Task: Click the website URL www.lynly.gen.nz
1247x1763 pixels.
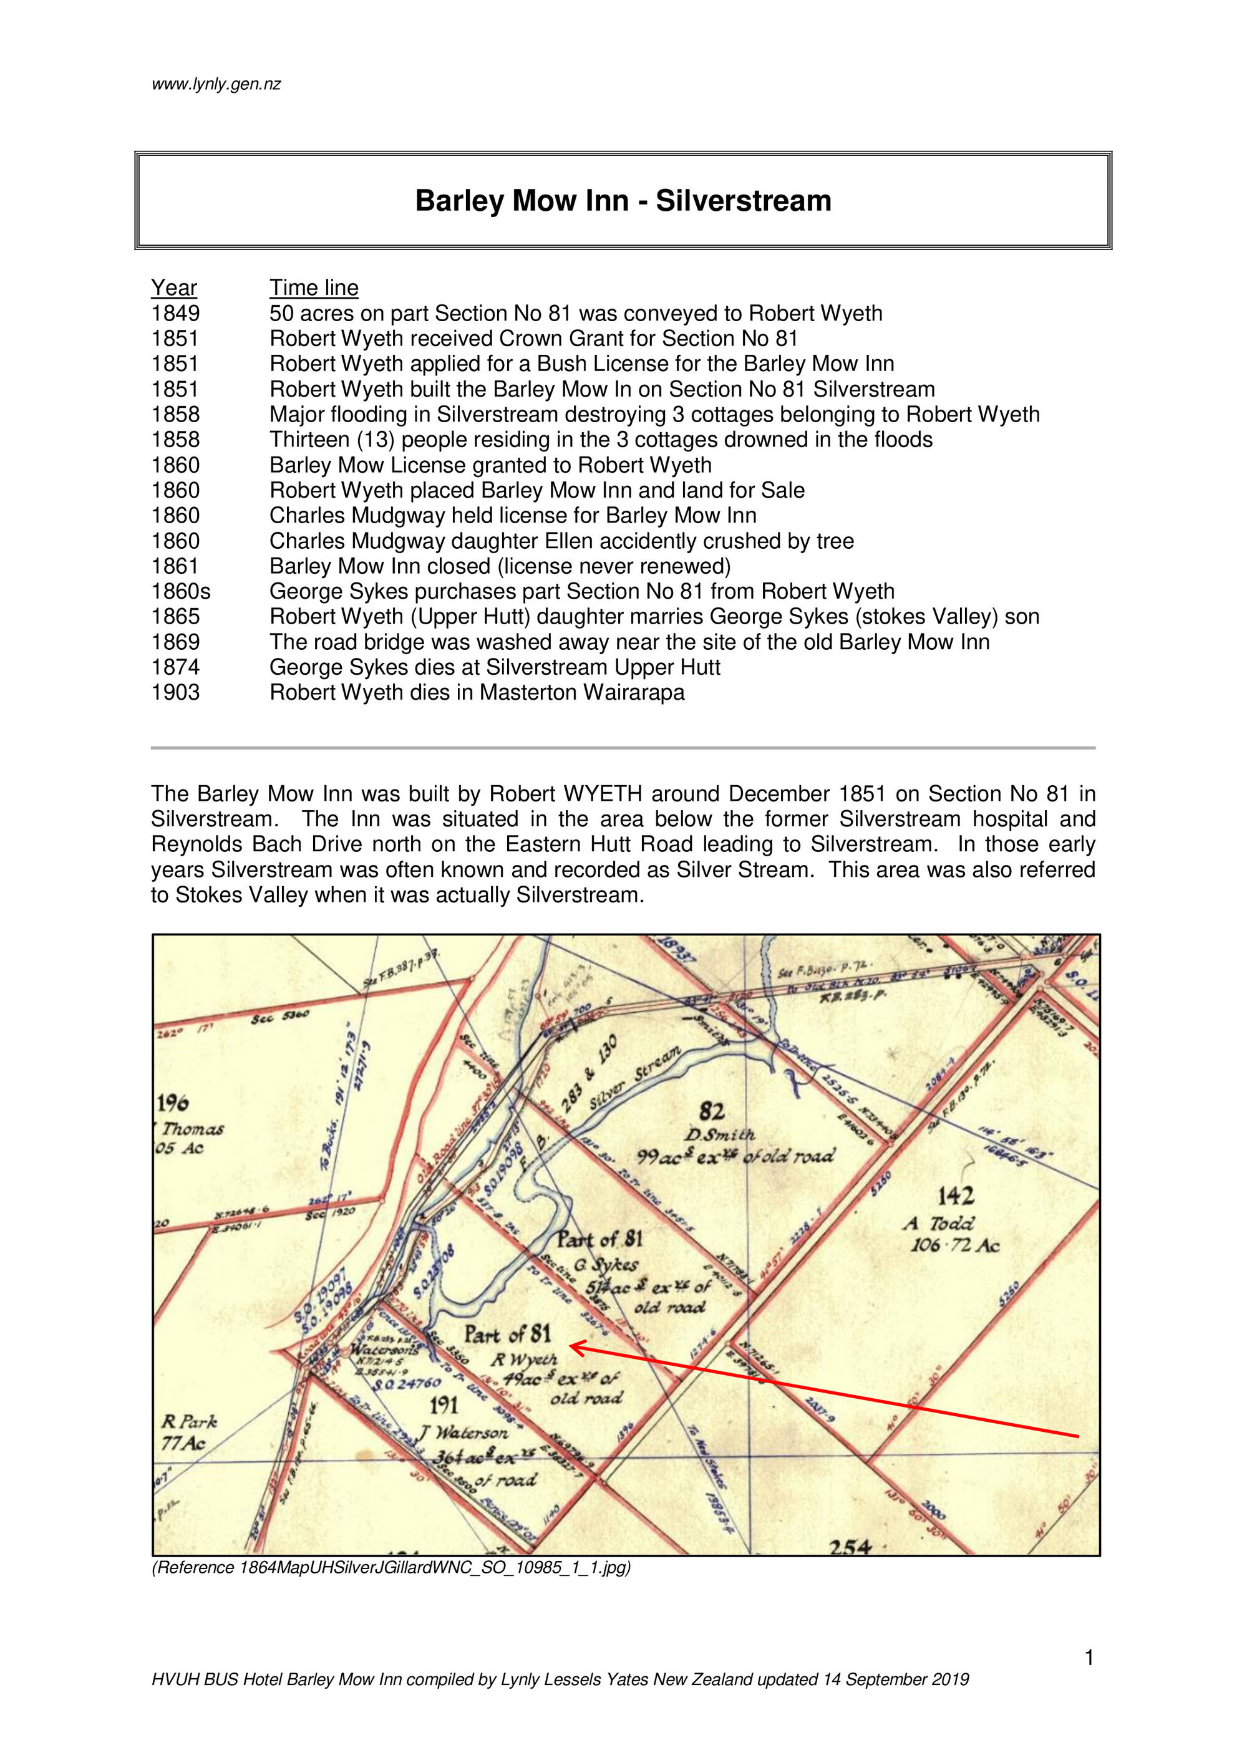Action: [216, 84]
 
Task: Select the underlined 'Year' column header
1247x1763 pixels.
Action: [173, 288]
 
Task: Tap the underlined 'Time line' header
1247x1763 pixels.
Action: [313, 288]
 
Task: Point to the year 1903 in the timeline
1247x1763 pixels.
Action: [175, 693]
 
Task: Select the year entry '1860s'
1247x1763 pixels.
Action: [180, 591]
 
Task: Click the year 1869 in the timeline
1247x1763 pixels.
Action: [175, 642]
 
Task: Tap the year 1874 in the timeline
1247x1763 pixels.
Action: [175, 667]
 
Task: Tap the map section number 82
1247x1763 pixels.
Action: [712, 1111]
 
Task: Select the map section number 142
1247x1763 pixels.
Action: [956, 1195]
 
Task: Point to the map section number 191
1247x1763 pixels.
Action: [444, 1404]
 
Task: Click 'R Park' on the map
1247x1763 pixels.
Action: [189, 1421]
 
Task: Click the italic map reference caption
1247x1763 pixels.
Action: [391, 1567]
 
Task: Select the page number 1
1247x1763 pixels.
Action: [1089, 1658]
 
